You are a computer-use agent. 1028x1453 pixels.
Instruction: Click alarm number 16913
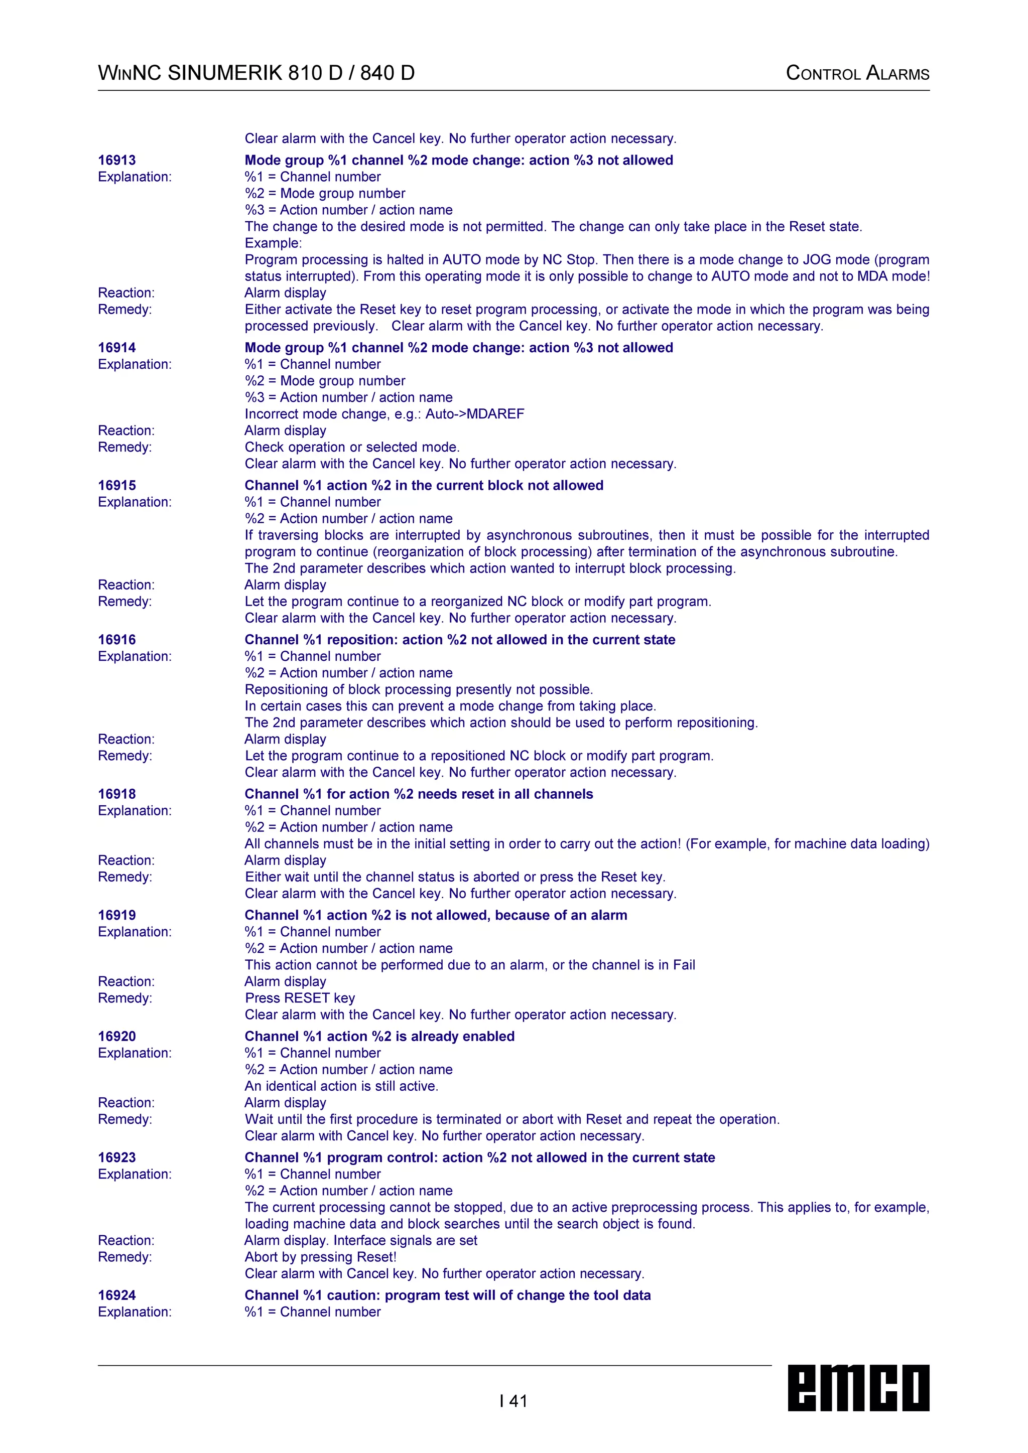(x=117, y=160)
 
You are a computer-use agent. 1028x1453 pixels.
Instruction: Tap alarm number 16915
(x=117, y=485)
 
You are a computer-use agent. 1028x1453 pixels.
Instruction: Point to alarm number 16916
(x=117, y=640)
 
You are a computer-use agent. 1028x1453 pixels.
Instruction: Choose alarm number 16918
(x=117, y=794)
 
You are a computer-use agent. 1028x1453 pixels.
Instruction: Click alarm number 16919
(x=117, y=915)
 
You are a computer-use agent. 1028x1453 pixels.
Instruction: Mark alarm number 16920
(x=117, y=1036)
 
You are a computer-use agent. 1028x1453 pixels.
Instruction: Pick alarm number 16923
(x=117, y=1157)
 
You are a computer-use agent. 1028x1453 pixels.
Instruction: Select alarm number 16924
(x=117, y=1295)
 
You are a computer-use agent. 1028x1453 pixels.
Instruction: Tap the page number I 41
(x=513, y=1401)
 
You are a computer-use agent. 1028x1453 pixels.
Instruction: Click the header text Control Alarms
(x=857, y=73)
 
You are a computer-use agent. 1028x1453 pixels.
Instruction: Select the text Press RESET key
(x=300, y=998)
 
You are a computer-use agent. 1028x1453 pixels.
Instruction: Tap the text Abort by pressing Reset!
(x=321, y=1257)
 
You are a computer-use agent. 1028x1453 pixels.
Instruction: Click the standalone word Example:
(x=274, y=243)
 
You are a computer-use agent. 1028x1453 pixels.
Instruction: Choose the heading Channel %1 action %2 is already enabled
(x=380, y=1036)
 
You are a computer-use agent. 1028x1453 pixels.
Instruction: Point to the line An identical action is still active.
(x=342, y=1086)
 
